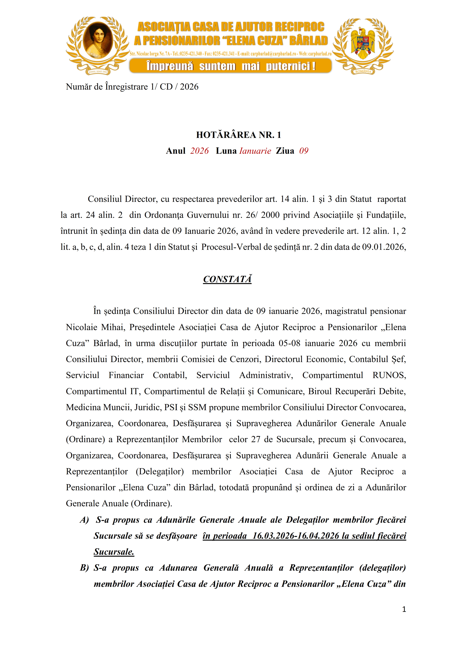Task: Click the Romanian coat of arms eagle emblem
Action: coord(363,42)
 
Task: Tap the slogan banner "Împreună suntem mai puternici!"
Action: coord(230,66)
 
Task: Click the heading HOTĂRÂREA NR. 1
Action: coord(238,135)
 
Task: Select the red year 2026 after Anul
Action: coord(199,151)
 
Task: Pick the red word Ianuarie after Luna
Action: coord(255,151)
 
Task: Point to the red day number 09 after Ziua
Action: coord(304,151)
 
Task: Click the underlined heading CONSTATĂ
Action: coord(227,279)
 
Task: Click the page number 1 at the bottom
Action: coord(404,609)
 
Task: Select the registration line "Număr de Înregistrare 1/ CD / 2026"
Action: coord(132,87)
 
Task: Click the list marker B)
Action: coord(84,568)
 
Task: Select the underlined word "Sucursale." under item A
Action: coord(114,552)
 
